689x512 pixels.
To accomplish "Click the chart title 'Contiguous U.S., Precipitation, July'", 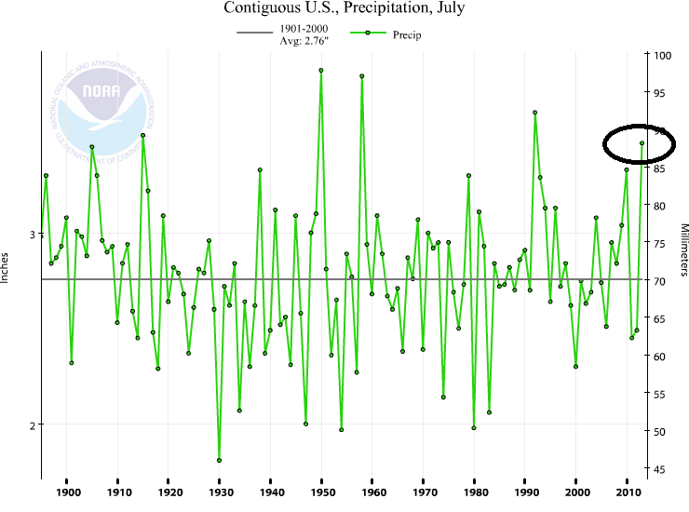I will tap(344, 9).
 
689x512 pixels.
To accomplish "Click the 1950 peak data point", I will tap(321, 70).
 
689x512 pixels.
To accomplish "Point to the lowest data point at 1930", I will tap(220, 460).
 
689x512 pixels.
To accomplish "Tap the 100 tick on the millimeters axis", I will tap(662, 55).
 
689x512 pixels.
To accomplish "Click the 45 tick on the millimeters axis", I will tap(659, 469).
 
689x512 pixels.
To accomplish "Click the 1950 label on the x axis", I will tap(321, 492).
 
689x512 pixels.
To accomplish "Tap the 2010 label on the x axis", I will tap(628, 492).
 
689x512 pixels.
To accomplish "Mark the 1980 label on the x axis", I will tap(475, 492).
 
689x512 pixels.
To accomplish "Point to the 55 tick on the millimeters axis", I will tap(659, 395).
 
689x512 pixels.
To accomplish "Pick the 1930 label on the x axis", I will tap(220, 492).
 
